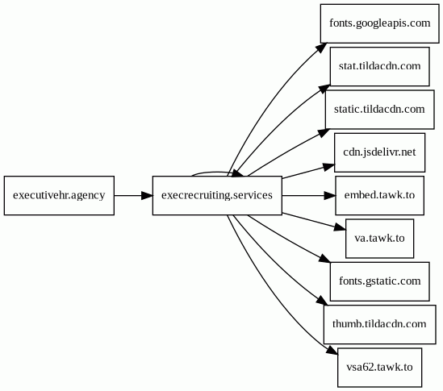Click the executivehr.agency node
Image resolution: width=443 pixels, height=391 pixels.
[59, 195]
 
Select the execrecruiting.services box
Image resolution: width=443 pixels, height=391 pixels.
[217, 195]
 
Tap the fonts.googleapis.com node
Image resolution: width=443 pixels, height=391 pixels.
[380, 23]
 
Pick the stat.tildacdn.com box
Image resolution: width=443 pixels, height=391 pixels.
[380, 66]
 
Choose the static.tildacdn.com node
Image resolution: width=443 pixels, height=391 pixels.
[380, 110]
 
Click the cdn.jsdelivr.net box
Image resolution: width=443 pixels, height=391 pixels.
[380, 152]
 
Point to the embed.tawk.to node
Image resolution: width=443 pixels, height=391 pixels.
[380, 195]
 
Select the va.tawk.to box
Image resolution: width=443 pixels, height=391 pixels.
[380, 239]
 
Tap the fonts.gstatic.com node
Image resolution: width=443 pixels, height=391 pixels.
[380, 281]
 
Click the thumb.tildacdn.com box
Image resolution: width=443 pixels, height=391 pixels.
[380, 324]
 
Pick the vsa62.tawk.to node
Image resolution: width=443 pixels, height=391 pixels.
[380, 368]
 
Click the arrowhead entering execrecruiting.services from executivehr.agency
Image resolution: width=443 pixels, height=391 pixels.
[147, 195]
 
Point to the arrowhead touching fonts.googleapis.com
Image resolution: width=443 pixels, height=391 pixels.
[322, 48]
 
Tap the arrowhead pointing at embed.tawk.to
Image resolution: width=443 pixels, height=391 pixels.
[330, 195]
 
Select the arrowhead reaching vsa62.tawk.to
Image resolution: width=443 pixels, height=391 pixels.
[332, 350]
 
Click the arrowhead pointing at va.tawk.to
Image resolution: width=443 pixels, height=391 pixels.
[341, 227]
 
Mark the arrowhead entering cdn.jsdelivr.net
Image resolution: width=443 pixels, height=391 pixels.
[329, 167]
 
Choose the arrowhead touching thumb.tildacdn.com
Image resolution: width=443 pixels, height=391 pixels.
[322, 301]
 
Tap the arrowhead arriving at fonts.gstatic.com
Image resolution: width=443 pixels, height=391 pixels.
[324, 259]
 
